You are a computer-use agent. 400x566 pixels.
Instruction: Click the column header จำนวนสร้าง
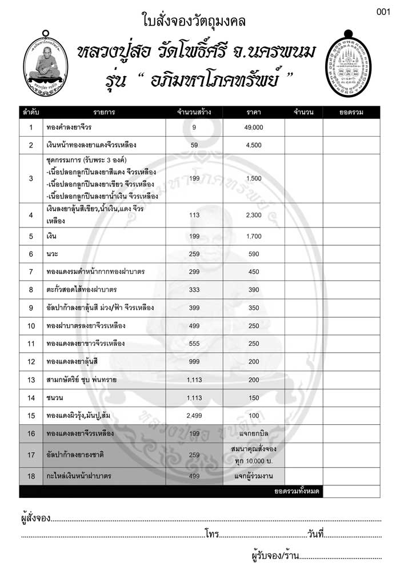click(x=194, y=111)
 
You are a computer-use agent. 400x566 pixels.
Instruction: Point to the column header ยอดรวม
click(x=351, y=111)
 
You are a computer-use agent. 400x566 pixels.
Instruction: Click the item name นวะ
click(x=54, y=253)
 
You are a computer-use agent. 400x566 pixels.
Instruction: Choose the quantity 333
click(x=194, y=290)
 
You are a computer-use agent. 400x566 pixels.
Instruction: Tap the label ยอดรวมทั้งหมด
click(x=297, y=491)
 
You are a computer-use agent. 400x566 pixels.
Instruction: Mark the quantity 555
click(x=194, y=344)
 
